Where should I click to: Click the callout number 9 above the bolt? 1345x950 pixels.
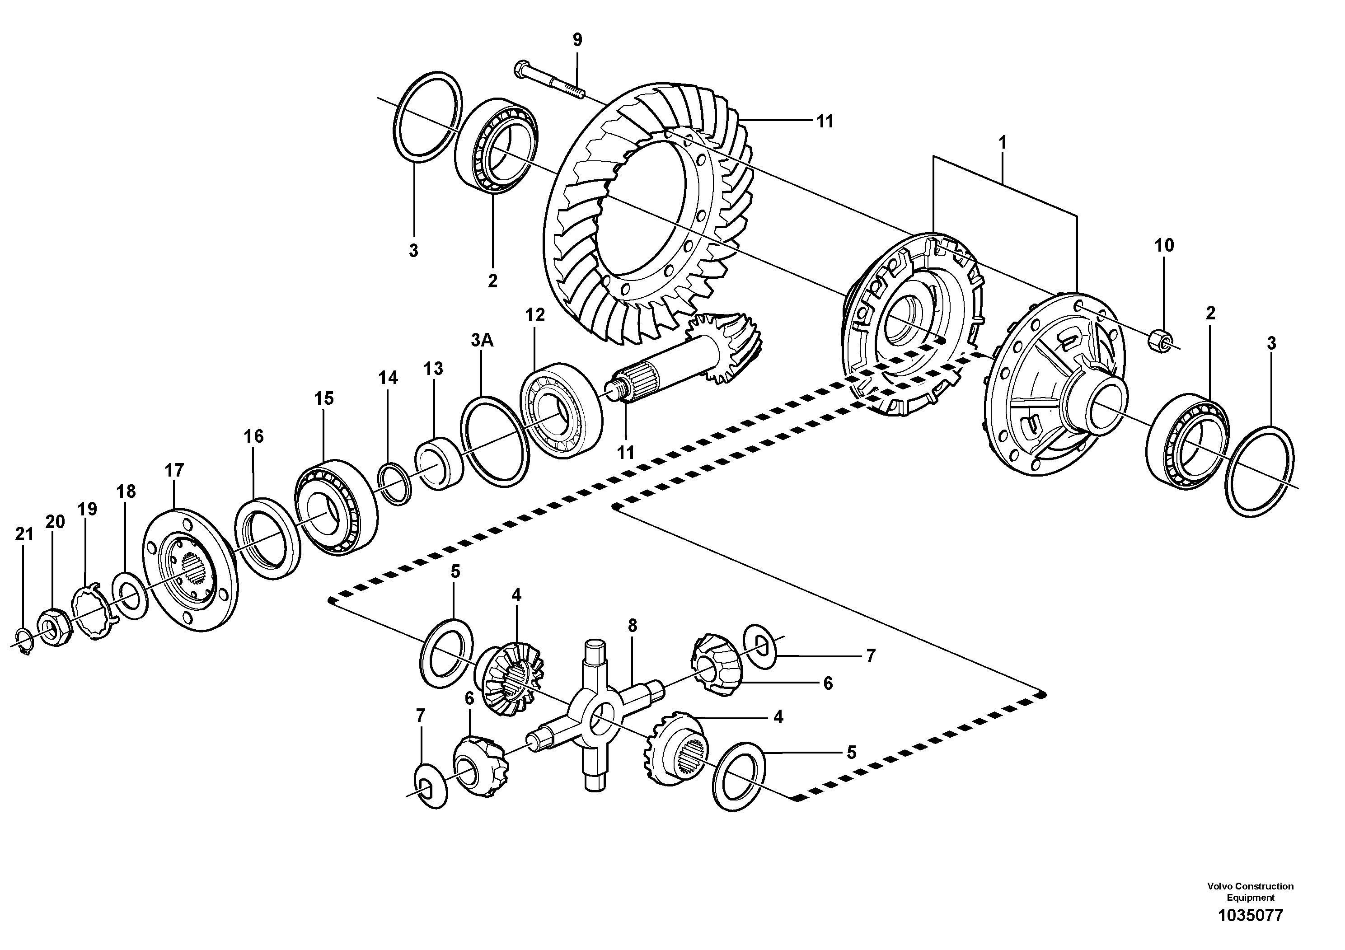pos(577,40)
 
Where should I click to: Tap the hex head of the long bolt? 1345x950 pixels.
pos(520,70)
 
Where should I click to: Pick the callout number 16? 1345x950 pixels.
pos(253,436)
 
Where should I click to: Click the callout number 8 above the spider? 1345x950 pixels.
pos(632,626)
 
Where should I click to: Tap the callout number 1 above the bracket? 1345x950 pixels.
pos(1002,143)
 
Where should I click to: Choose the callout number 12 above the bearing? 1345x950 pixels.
pos(534,315)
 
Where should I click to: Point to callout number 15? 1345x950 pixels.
pos(323,399)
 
